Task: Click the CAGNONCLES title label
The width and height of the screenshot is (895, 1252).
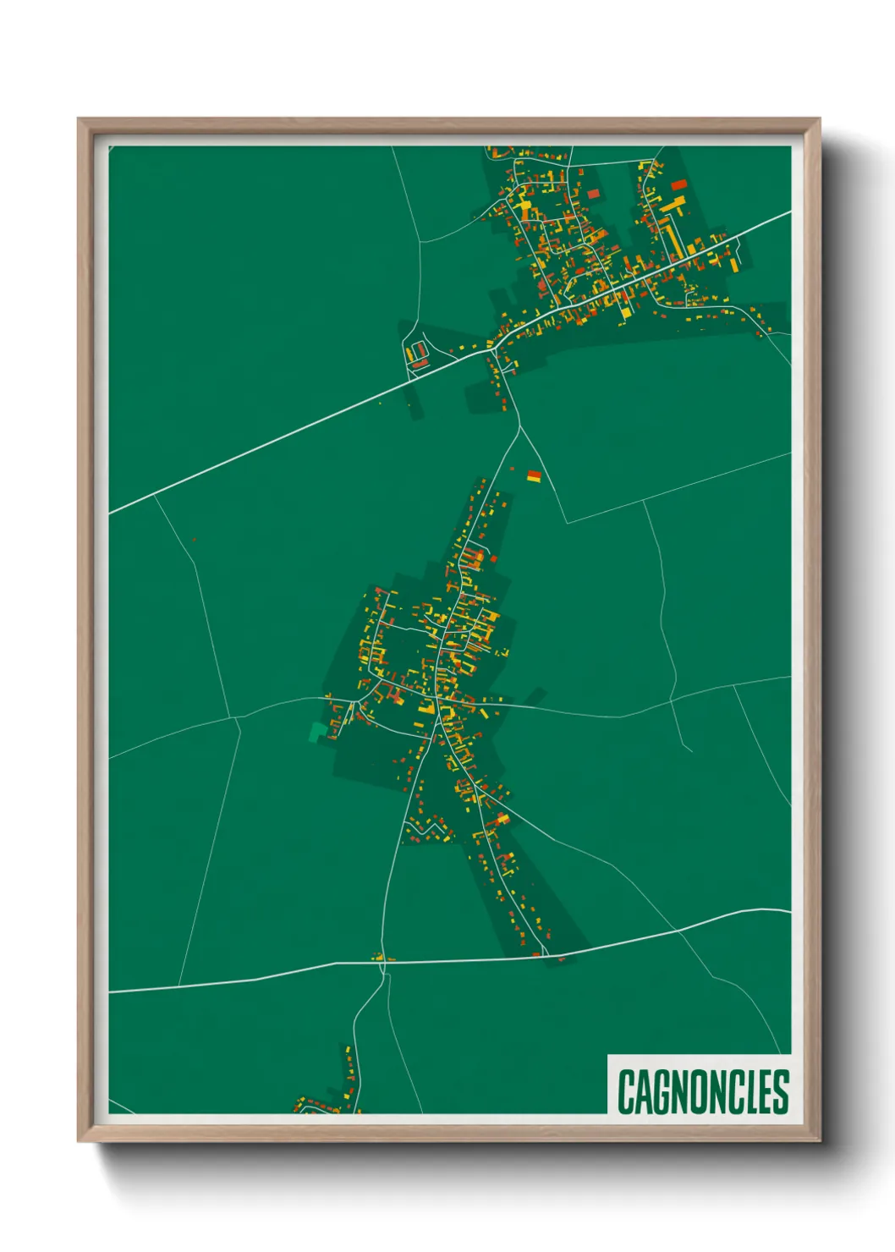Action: [702, 1091]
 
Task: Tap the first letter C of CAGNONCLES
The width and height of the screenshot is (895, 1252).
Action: [626, 1091]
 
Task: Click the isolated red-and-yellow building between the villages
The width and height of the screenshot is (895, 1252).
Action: [534, 476]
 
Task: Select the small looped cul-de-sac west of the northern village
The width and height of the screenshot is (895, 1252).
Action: [416, 353]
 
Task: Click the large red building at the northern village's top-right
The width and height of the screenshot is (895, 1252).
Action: [678, 184]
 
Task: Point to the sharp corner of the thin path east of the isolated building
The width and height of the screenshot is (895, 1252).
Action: [566, 523]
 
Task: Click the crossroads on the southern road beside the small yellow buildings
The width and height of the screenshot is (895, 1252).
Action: [382, 961]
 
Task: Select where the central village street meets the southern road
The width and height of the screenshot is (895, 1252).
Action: [542, 956]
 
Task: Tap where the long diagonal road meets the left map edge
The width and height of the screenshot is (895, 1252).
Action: [111, 513]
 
